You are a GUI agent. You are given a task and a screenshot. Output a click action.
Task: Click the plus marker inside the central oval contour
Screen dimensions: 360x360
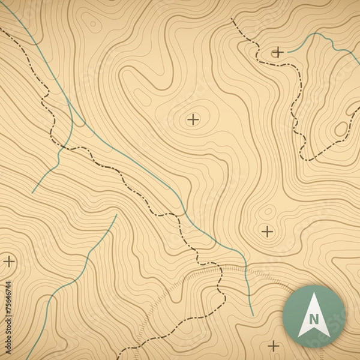point(193,119)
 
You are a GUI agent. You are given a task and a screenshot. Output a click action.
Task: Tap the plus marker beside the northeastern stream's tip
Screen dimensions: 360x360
point(278,52)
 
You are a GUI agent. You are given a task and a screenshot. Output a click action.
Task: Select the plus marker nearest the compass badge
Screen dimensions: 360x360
point(274,346)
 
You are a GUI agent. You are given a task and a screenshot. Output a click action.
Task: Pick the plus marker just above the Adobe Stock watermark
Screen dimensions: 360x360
point(9,261)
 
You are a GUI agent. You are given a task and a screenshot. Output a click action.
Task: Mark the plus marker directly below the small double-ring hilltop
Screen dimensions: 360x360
point(267,231)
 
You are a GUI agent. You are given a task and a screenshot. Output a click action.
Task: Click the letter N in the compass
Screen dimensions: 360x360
point(314,319)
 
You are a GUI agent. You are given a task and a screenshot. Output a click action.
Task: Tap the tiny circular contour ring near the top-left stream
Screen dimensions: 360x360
point(92,25)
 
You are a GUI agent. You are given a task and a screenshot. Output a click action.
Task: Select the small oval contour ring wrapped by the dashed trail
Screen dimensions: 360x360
point(341,129)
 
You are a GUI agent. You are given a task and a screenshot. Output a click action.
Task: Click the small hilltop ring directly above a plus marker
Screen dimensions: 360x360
point(267,211)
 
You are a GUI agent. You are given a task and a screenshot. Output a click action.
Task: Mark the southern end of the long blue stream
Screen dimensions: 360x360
point(253,316)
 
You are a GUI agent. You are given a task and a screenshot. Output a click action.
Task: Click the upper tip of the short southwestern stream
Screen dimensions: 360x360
point(115,215)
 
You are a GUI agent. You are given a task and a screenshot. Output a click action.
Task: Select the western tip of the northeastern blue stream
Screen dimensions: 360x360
point(288,52)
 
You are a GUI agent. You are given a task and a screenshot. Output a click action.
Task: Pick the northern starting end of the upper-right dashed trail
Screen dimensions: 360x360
point(232,19)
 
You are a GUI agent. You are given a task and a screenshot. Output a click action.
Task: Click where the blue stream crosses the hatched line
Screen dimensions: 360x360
point(247,268)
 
